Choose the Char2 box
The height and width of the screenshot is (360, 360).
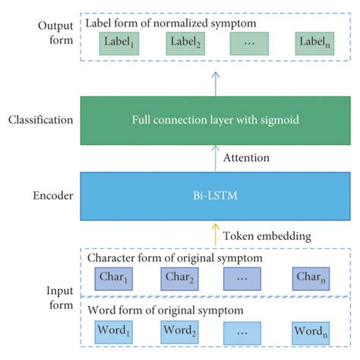click(x=182, y=279)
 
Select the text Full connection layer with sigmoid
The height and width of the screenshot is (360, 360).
click(x=215, y=120)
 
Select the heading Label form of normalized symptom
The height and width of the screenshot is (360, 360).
click(x=171, y=24)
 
